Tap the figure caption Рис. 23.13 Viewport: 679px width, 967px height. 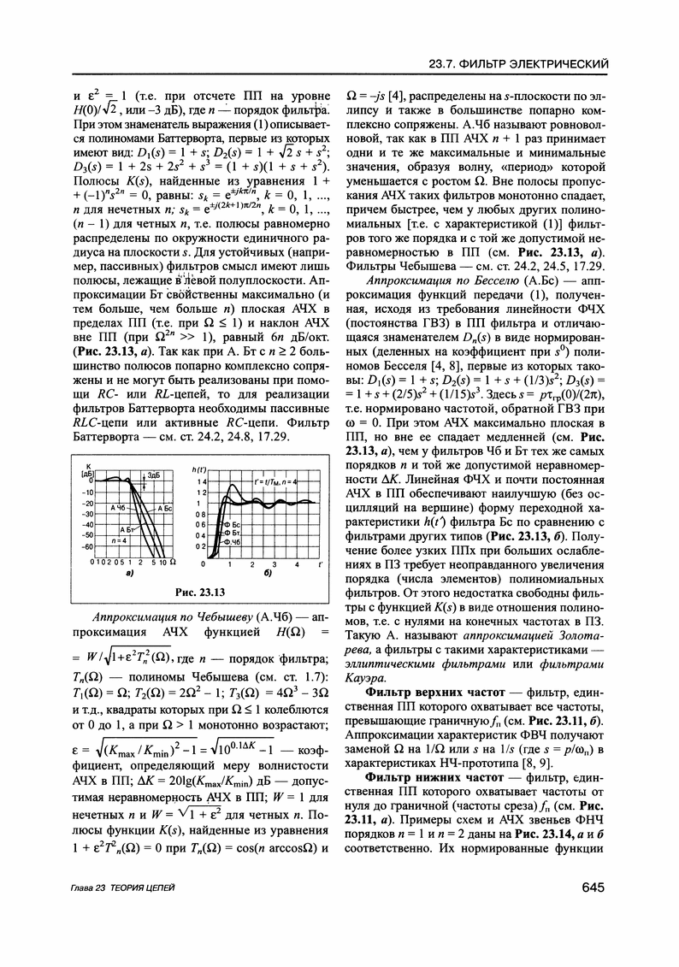[198, 592]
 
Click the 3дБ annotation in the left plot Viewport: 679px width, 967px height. [153, 475]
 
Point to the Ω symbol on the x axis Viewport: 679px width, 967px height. [173, 562]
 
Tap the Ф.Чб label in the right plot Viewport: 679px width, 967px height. [232, 542]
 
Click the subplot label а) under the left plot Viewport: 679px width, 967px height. [130, 574]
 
